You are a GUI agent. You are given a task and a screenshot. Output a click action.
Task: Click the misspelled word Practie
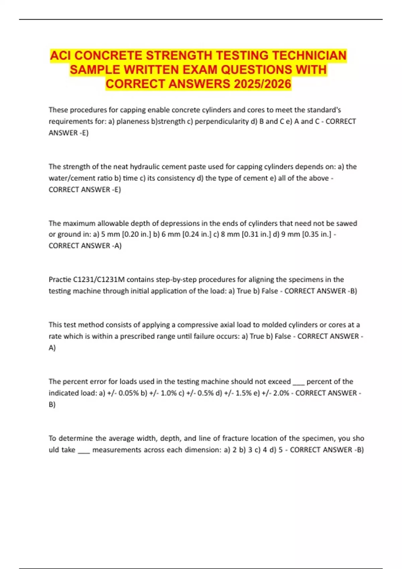[60, 279]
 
